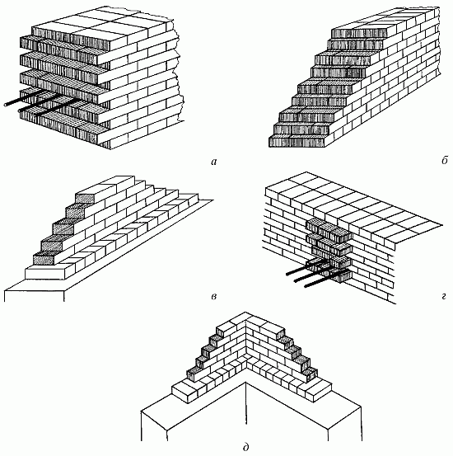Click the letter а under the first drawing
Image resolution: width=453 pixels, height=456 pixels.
point(214,162)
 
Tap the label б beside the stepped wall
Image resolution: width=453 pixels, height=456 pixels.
point(444,160)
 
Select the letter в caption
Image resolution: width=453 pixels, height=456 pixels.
point(214,297)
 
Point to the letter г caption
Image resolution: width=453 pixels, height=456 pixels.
point(443,297)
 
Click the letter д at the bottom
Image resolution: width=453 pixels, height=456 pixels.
point(245,447)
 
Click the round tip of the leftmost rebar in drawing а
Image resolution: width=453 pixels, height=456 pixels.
point(6,105)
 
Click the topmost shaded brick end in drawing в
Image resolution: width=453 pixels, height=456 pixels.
point(84,199)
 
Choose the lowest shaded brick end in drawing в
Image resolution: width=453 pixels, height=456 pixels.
point(44,259)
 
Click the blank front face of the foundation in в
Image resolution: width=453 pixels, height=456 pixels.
point(35,296)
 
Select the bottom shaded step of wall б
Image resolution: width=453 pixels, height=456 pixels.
point(297,142)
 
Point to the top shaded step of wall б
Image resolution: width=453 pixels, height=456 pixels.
point(359,34)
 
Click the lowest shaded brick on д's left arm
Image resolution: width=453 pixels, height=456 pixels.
point(192,374)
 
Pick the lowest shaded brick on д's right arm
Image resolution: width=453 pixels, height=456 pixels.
point(312,374)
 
